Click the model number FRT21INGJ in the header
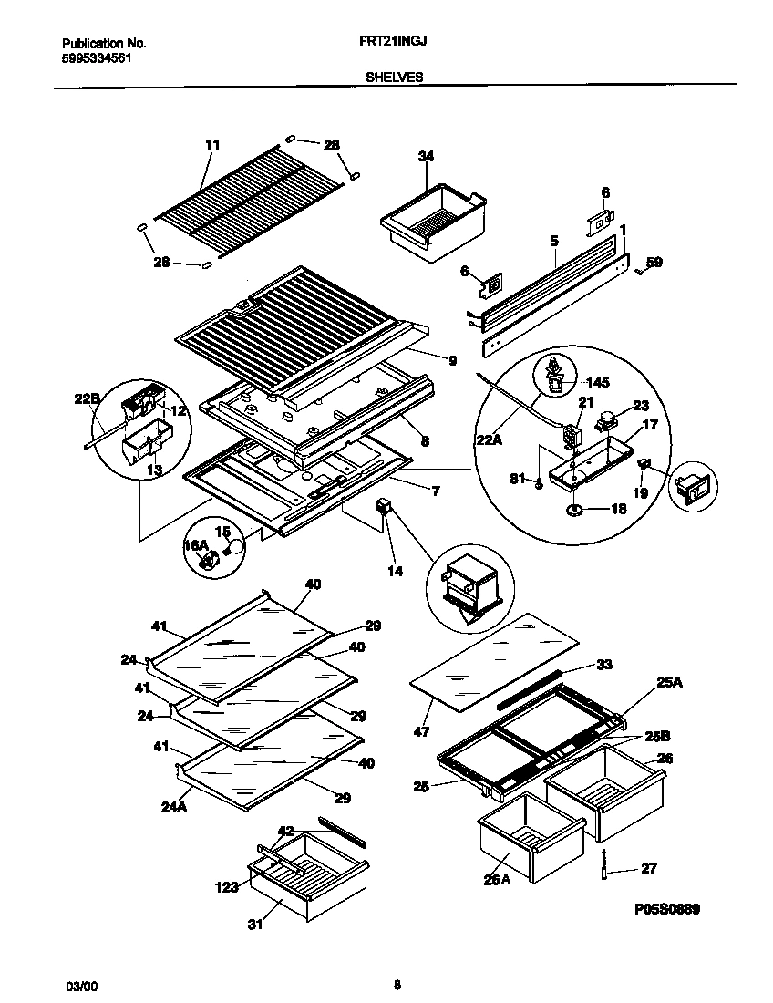pos(394,42)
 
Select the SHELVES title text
pos(394,78)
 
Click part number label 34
pos(426,156)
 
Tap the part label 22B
pos(86,398)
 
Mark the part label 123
pos(228,885)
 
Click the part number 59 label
pos(654,263)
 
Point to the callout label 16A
pos(196,544)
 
